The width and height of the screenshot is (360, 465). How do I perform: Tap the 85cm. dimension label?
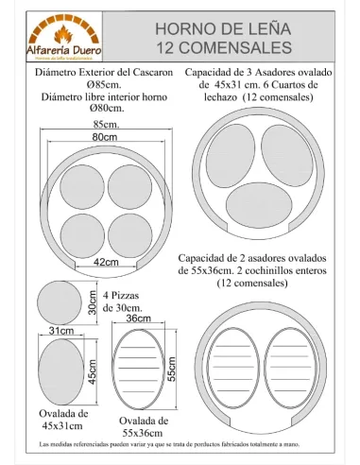coord(106,125)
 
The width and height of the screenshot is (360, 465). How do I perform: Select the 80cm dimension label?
coord(104,138)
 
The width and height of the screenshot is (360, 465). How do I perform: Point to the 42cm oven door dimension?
coord(106,261)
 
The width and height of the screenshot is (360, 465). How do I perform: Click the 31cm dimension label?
coord(61,331)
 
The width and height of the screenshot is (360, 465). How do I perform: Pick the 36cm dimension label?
coord(139,319)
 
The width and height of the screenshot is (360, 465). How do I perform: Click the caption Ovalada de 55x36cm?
coord(145,426)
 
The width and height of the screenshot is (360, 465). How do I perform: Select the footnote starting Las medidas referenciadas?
coord(180,443)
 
